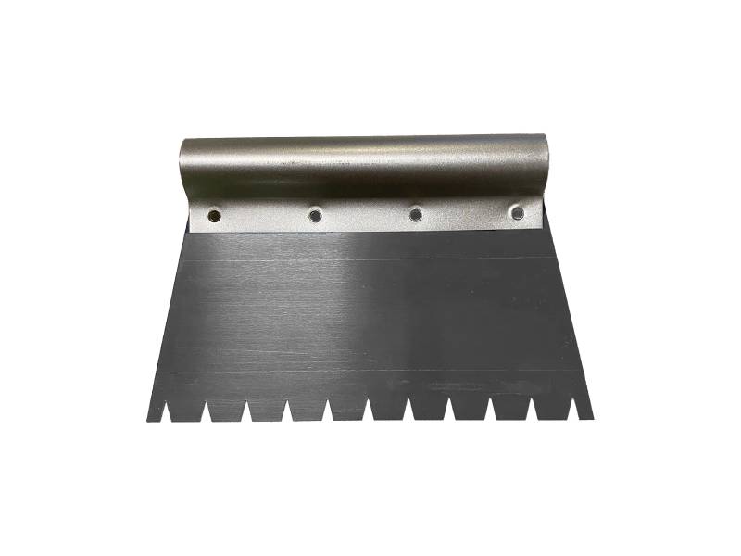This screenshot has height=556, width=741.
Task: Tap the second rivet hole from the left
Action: coord(316,215)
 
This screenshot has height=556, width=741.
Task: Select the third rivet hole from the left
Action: coord(416,214)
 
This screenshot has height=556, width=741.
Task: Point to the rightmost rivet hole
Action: coord(517,213)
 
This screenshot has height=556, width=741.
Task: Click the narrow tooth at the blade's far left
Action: coord(152,413)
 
